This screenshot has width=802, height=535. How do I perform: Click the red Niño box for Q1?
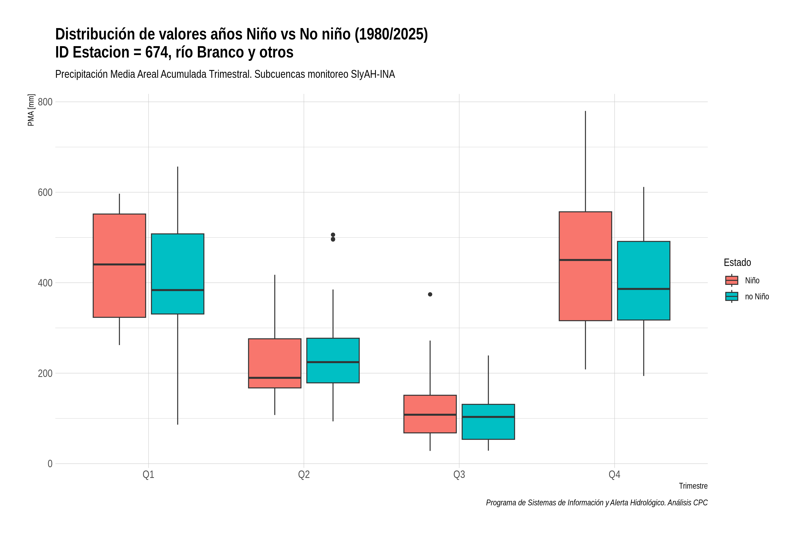119,265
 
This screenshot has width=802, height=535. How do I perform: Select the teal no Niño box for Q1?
178,274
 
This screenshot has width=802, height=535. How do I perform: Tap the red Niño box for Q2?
275,363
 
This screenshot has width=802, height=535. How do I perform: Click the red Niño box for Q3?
430,414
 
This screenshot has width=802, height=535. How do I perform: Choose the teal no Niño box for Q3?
488,422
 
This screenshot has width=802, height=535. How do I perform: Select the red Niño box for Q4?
585,266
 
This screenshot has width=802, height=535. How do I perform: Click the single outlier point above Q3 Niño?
430,294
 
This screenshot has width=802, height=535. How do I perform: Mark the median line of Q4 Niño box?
585,260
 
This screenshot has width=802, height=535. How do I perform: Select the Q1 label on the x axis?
148,475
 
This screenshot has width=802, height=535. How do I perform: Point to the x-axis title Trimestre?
693,486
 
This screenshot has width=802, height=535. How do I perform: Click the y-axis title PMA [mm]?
31,110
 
